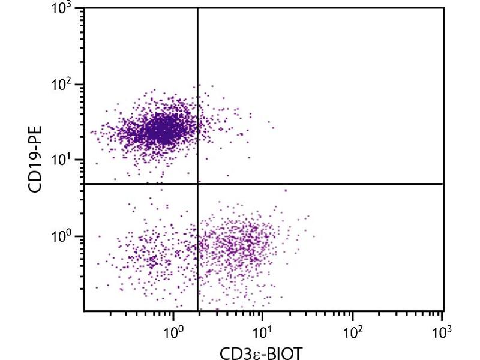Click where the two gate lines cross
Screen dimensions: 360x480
tap(197, 184)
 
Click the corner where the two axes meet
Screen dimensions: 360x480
tap(85, 311)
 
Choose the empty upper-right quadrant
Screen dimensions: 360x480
tap(321, 96)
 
